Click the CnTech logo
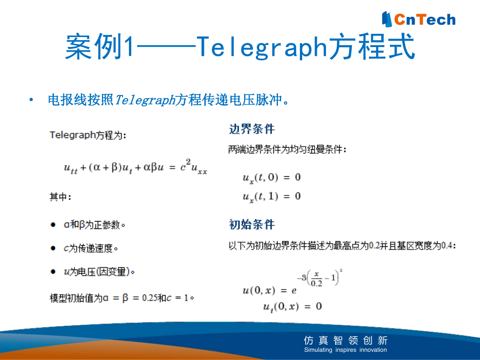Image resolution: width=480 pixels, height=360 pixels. point(419,19)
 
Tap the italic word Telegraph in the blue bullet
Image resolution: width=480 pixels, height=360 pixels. point(145,100)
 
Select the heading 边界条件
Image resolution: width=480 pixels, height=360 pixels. point(251,129)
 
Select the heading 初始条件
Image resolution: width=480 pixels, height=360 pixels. point(251,224)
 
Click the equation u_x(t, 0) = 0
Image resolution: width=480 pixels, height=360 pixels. point(272,178)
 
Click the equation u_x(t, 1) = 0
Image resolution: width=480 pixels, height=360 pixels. point(272,197)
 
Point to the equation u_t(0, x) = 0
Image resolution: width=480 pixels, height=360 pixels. point(293,307)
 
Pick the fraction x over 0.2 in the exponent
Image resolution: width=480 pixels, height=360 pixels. point(316,279)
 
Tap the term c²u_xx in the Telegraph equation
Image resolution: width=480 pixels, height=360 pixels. point(194,167)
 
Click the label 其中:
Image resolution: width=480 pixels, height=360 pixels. point(60,197)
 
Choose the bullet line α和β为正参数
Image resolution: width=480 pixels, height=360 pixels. point(94,225)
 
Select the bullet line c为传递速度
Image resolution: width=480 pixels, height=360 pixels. point(91,248)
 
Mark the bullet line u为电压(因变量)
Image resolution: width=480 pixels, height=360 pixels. point(99,272)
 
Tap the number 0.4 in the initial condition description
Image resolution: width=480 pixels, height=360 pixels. point(447,245)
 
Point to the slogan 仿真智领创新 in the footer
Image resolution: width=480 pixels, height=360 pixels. point(346,340)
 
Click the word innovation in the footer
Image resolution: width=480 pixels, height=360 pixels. point(373,349)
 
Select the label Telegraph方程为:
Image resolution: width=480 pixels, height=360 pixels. point(88,135)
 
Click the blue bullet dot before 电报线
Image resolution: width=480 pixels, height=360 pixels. point(31,100)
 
